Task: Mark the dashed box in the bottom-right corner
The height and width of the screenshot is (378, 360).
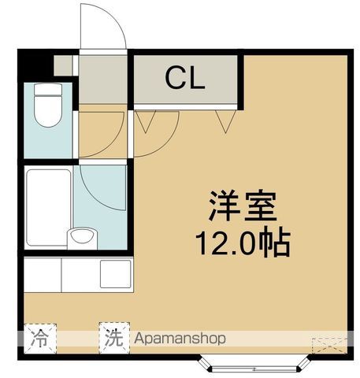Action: (x=327, y=344)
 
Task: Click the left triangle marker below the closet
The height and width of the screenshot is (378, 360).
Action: (x=146, y=120)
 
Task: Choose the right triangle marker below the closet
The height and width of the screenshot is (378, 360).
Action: (x=226, y=120)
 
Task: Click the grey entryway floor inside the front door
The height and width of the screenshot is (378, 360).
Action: (x=102, y=79)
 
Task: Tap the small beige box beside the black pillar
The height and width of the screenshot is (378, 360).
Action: (x=62, y=65)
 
